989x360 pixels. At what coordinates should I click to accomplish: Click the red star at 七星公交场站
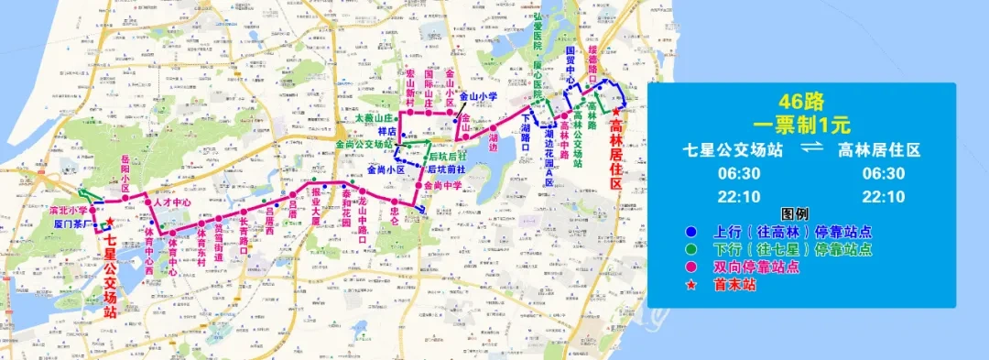pos(109,221)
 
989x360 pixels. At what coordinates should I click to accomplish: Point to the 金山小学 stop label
pos(478,95)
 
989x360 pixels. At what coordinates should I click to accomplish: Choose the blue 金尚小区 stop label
pos(385,169)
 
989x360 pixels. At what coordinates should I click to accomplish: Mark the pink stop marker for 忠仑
pos(393,200)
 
